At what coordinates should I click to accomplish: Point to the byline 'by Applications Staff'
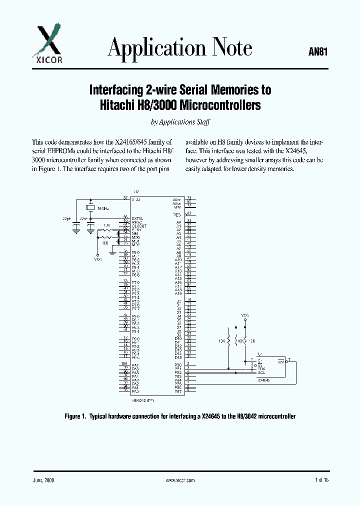[x=179, y=122]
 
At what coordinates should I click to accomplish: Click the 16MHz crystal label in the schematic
[x=103, y=207]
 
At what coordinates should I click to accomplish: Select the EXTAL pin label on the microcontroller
[x=137, y=218]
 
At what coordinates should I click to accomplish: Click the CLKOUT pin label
[x=138, y=226]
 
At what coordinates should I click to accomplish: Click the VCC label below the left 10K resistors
[x=97, y=259]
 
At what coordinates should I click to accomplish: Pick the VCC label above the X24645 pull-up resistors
[x=245, y=315]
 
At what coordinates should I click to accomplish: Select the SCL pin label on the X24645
[x=261, y=372]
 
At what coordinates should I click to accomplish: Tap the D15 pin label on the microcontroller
[x=177, y=357]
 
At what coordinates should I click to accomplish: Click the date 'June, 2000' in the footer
[x=43, y=479]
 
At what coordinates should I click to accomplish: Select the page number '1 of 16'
[x=322, y=479]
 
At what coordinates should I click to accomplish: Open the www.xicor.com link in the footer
[x=179, y=479]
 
